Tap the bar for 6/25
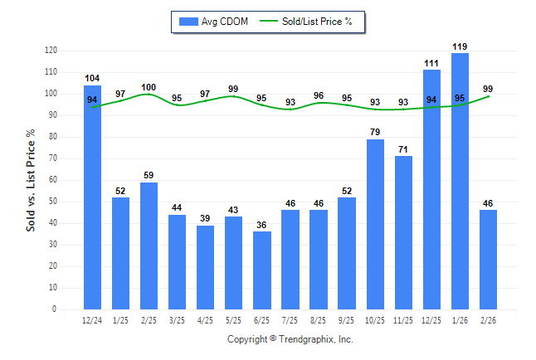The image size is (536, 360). (x=262, y=270)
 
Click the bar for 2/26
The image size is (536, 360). (x=488, y=260)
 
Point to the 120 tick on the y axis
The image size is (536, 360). (x=51, y=51)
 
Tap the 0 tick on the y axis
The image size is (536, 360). (x=55, y=309)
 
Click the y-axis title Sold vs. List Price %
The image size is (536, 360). (x=31, y=180)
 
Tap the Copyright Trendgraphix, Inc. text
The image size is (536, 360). (x=290, y=339)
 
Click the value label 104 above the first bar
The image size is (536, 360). (x=93, y=78)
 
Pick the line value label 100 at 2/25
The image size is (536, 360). (x=149, y=87)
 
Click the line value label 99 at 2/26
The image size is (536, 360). (x=488, y=89)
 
